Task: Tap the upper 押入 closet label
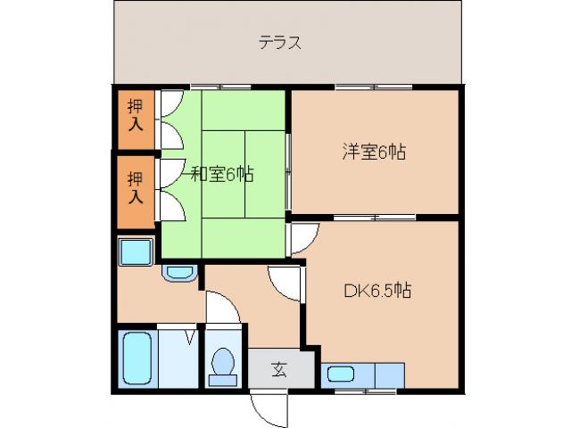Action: pyautogui.click(x=135, y=115)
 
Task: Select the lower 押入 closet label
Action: pyautogui.click(x=135, y=187)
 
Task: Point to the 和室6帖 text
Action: pyautogui.click(x=220, y=174)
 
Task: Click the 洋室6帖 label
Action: pyautogui.click(x=373, y=151)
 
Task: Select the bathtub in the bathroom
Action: pyautogui.click(x=137, y=358)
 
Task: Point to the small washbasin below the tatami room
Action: pyautogui.click(x=179, y=273)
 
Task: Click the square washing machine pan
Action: pyautogui.click(x=137, y=252)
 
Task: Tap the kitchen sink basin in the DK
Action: pyautogui.click(x=341, y=374)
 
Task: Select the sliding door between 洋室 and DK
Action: pyautogui.click(x=375, y=218)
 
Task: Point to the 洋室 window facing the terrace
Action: pyautogui.click(x=375, y=86)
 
